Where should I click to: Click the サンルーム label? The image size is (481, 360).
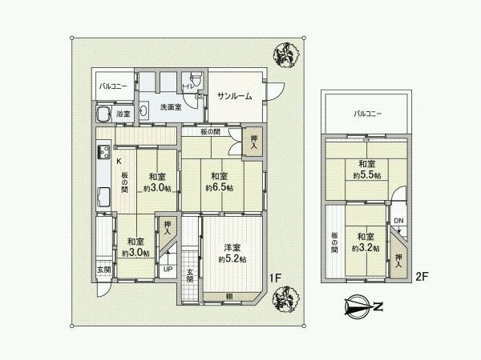tap(234, 96)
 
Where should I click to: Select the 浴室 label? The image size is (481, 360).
tap(123, 115)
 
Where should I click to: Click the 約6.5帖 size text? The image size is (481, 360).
tap(219, 187)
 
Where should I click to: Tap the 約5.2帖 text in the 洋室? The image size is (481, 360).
tap(232, 258)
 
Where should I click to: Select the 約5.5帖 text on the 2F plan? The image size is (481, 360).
tap(366, 174)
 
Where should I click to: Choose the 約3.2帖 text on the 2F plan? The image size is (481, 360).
tap(366, 247)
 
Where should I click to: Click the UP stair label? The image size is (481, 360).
tap(167, 269)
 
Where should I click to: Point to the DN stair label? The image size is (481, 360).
tap(398, 220)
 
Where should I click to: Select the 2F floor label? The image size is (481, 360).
tap(422, 278)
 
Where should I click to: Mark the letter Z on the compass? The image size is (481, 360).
tap(378, 305)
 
